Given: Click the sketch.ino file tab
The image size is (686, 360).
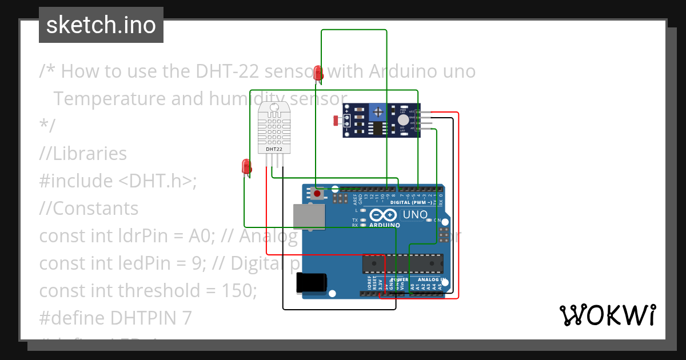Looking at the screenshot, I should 101,25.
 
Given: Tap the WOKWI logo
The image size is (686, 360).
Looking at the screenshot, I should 607,315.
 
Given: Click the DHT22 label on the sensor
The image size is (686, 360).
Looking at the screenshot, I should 274,149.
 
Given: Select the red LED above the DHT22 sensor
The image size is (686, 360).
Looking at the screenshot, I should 318,73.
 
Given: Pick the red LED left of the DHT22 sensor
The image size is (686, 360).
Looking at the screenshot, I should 246,166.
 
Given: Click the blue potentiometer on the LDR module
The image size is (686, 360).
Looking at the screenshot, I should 377,111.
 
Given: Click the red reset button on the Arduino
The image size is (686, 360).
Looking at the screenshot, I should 317,194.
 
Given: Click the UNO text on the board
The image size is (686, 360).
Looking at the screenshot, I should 416,215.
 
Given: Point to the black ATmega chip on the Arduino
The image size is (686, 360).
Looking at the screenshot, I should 402,263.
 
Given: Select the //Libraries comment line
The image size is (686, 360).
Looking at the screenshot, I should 83,154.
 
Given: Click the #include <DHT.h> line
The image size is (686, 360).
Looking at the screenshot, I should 118,181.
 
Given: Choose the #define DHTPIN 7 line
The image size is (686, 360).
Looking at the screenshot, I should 115,318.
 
